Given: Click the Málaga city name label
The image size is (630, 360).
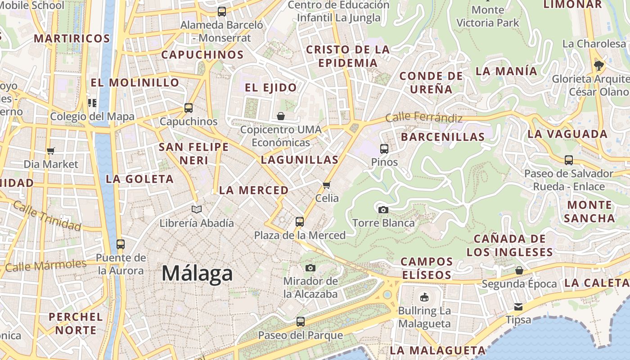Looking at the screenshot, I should [197, 273].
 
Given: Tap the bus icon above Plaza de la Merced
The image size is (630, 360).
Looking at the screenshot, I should [300, 221].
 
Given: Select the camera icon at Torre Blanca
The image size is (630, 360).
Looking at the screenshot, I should [383, 210].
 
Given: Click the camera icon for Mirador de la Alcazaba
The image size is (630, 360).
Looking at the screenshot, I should [310, 268].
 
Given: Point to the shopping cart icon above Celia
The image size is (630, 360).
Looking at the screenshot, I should [327, 185].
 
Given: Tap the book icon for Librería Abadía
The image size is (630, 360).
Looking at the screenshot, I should [197, 209].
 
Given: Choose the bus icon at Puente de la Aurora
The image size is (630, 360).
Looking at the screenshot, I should [120, 244].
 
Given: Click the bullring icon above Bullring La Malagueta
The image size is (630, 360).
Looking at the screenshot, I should [424, 297].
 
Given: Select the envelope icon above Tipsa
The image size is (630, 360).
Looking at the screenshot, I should [518, 307].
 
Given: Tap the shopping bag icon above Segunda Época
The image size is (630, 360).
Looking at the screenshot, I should [519, 270].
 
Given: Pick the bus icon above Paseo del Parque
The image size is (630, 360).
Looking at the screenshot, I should [300, 322].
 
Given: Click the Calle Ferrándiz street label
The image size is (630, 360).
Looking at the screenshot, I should [424, 117].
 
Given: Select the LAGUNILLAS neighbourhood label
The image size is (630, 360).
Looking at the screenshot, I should [299, 160].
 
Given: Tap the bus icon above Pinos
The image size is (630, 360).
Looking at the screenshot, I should [384, 148].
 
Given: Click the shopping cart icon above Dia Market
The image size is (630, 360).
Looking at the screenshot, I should [51, 151].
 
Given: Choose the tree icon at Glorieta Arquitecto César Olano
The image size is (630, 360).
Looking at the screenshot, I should [598, 66].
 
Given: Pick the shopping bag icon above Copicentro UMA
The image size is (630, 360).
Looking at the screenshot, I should [281, 117].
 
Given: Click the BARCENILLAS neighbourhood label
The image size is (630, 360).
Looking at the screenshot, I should [443, 137].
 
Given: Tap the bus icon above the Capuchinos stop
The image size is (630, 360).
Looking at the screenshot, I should [189, 108].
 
